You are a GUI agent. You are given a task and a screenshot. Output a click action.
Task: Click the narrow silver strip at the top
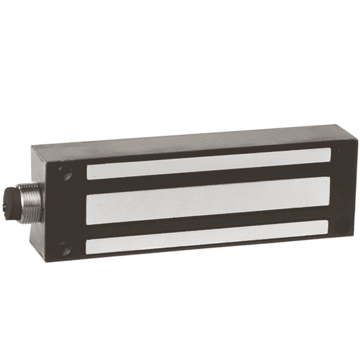209,164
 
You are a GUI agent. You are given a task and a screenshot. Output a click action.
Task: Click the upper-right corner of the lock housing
338,127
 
